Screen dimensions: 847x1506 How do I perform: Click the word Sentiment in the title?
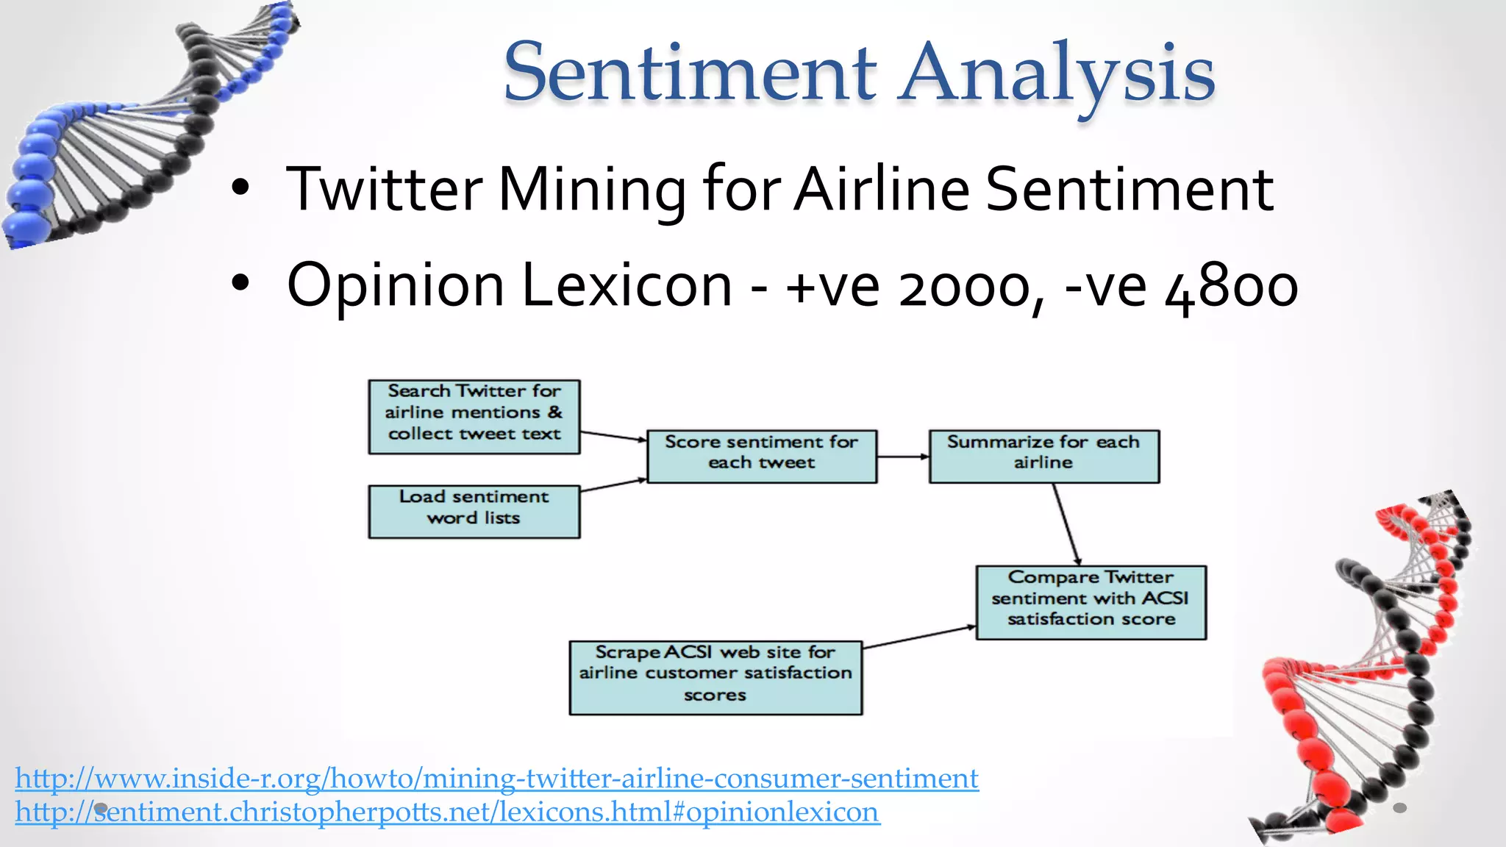coord(690,74)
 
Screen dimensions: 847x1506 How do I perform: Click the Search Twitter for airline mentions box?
coord(474,416)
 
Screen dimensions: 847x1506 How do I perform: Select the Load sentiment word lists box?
coord(474,511)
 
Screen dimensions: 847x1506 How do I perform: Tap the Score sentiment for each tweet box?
coord(762,456)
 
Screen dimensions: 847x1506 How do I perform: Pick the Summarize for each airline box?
coord(1043,456)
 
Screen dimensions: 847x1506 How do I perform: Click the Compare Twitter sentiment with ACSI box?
coord(1091,601)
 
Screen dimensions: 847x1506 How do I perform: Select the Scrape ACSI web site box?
coord(715,676)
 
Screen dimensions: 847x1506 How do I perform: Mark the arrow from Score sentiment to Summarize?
coord(903,457)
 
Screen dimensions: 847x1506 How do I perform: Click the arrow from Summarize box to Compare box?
coord(1066,523)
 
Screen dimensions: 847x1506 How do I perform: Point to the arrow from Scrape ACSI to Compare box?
coord(919,637)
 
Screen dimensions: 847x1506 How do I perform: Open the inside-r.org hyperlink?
coord(496,778)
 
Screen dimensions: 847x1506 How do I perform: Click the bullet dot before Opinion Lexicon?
coord(240,285)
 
